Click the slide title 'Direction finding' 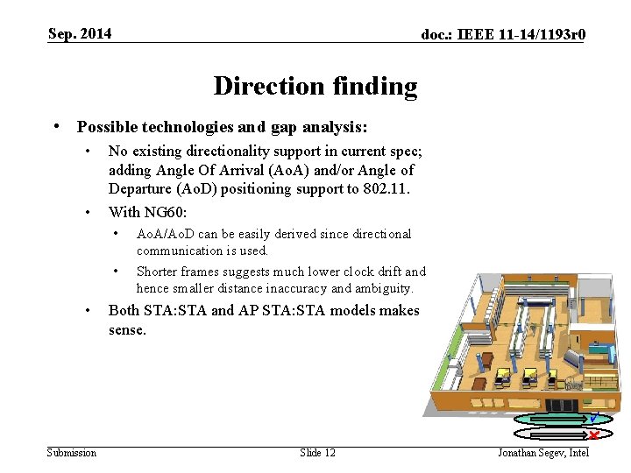[x=315, y=86]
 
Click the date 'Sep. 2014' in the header [x=80, y=34]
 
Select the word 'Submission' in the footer [x=72, y=452]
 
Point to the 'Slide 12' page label [x=317, y=452]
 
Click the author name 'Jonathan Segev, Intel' [x=543, y=452]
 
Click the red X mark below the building [x=593, y=434]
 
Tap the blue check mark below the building [x=594, y=418]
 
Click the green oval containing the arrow [x=552, y=420]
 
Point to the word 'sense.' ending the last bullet [x=127, y=330]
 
